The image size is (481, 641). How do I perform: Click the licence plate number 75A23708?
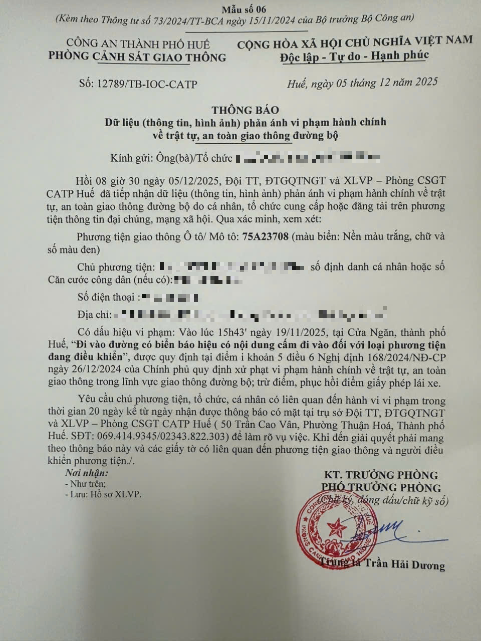pyautogui.click(x=265, y=236)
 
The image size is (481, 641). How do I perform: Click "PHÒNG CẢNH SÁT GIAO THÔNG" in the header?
pyautogui.click(x=137, y=57)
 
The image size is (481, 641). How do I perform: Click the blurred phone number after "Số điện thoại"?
pyautogui.click(x=170, y=298)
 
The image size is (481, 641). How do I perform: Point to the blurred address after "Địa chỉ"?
pyautogui.click(x=251, y=315)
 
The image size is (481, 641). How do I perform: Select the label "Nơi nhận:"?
pyautogui.click(x=86, y=473)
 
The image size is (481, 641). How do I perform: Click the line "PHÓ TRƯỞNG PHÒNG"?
pyautogui.click(x=381, y=487)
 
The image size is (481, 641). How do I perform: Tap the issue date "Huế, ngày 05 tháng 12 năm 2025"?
pyautogui.click(x=362, y=82)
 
